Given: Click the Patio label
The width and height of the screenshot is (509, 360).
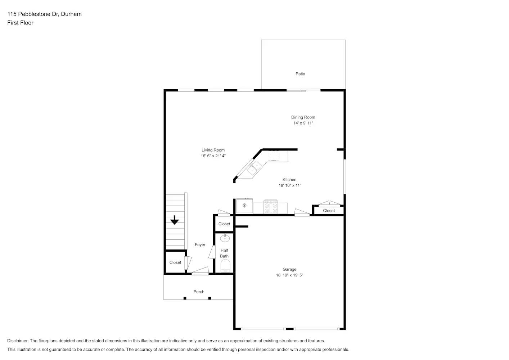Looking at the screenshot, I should (300, 74).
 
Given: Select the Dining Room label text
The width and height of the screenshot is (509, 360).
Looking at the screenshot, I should (303, 117).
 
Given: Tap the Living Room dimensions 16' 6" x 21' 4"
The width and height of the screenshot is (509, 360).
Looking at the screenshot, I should (213, 156).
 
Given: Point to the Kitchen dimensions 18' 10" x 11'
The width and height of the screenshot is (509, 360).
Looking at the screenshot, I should (289, 185).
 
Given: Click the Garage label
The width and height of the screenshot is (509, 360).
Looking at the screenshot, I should (289, 269).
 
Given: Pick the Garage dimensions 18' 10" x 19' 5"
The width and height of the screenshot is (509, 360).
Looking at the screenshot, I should (289, 275).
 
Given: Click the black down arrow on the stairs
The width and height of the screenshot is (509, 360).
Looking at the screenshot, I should (175, 220).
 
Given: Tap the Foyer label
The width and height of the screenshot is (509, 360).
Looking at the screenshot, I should (200, 245).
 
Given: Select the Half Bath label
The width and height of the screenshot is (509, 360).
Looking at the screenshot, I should (224, 253).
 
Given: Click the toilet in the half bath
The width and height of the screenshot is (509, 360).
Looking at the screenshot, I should (225, 267).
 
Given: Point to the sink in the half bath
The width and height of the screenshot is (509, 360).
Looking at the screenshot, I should (225, 238).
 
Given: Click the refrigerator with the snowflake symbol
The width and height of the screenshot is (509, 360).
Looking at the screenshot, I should (244, 206).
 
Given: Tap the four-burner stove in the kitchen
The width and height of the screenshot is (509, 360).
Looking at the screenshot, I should (271, 207).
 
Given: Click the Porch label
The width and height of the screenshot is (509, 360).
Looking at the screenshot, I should (199, 292).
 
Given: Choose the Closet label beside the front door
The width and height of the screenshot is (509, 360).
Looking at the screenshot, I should (175, 262).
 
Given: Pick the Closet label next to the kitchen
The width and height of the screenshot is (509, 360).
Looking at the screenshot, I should (329, 211).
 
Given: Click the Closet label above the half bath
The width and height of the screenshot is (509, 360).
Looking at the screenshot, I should (224, 224).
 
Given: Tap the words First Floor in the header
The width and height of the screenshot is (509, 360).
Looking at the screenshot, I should (20, 23).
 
